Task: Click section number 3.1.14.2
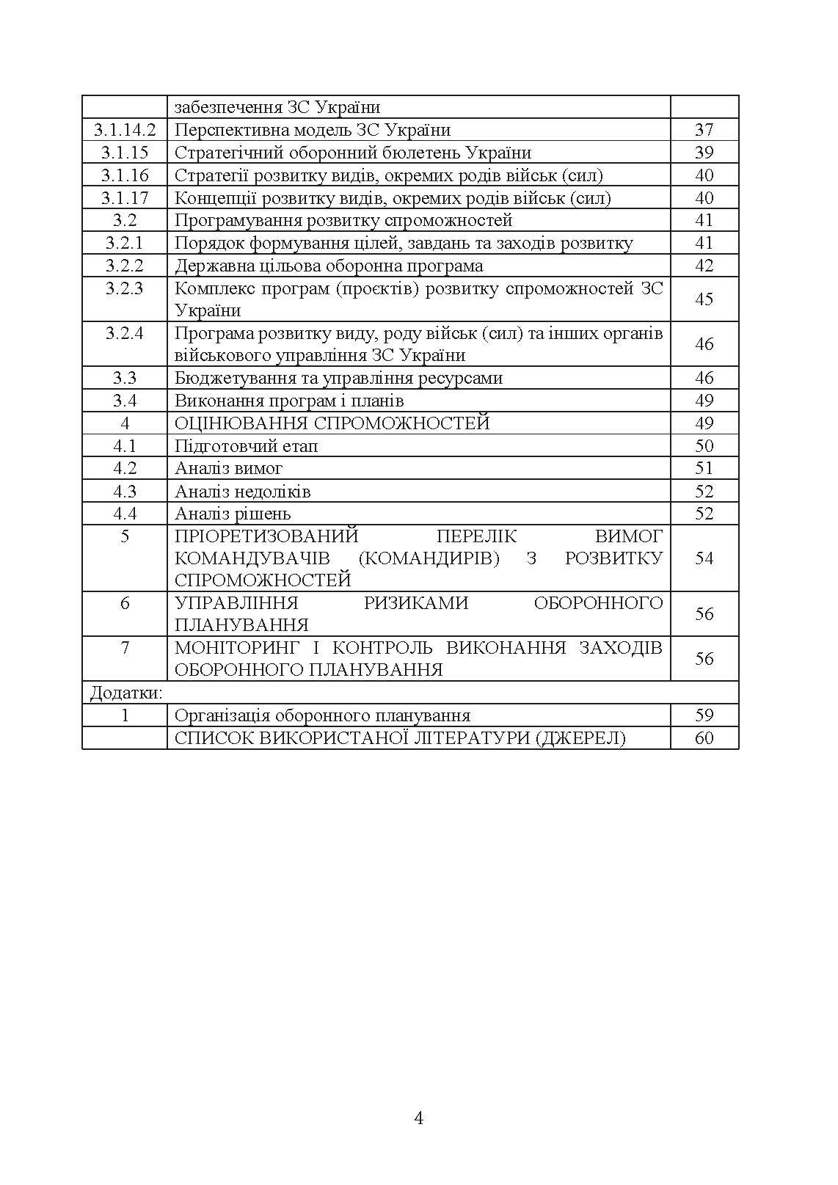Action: pyautogui.click(x=125, y=130)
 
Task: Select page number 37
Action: pyautogui.click(x=704, y=130)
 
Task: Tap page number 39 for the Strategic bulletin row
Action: pyautogui.click(x=704, y=153)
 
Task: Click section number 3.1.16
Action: pyautogui.click(x=125, y=175)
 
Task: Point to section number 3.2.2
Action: pyautogui.click(x=125, y=266)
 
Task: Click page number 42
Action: pyautogui.click(x=704, y=266)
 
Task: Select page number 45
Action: pyautogui.click(x=704, y=299)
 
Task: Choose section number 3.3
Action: pyautogui.click(x=125, y=379)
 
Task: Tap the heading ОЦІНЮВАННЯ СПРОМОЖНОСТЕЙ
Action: pyautogui.click(x=332, y=423)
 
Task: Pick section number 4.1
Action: pyautogui.click(x=125, y=446)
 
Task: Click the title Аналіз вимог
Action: pyautogui.click(x=228, y=468)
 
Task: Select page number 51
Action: pyautogui.click(x=704, y=468)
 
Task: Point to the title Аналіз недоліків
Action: pyautogui.click(x=242, y=492)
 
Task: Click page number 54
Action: pyautogui.click(x=704, y=558)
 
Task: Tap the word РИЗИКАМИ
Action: pyautogui.click(x=416, y=603)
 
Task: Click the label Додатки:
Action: pyautogui.click(x=125, y=693)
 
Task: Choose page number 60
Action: pyautogui.click(x=704, y=738)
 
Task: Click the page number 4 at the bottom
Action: pyautogui.click(x=419, y=1118)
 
